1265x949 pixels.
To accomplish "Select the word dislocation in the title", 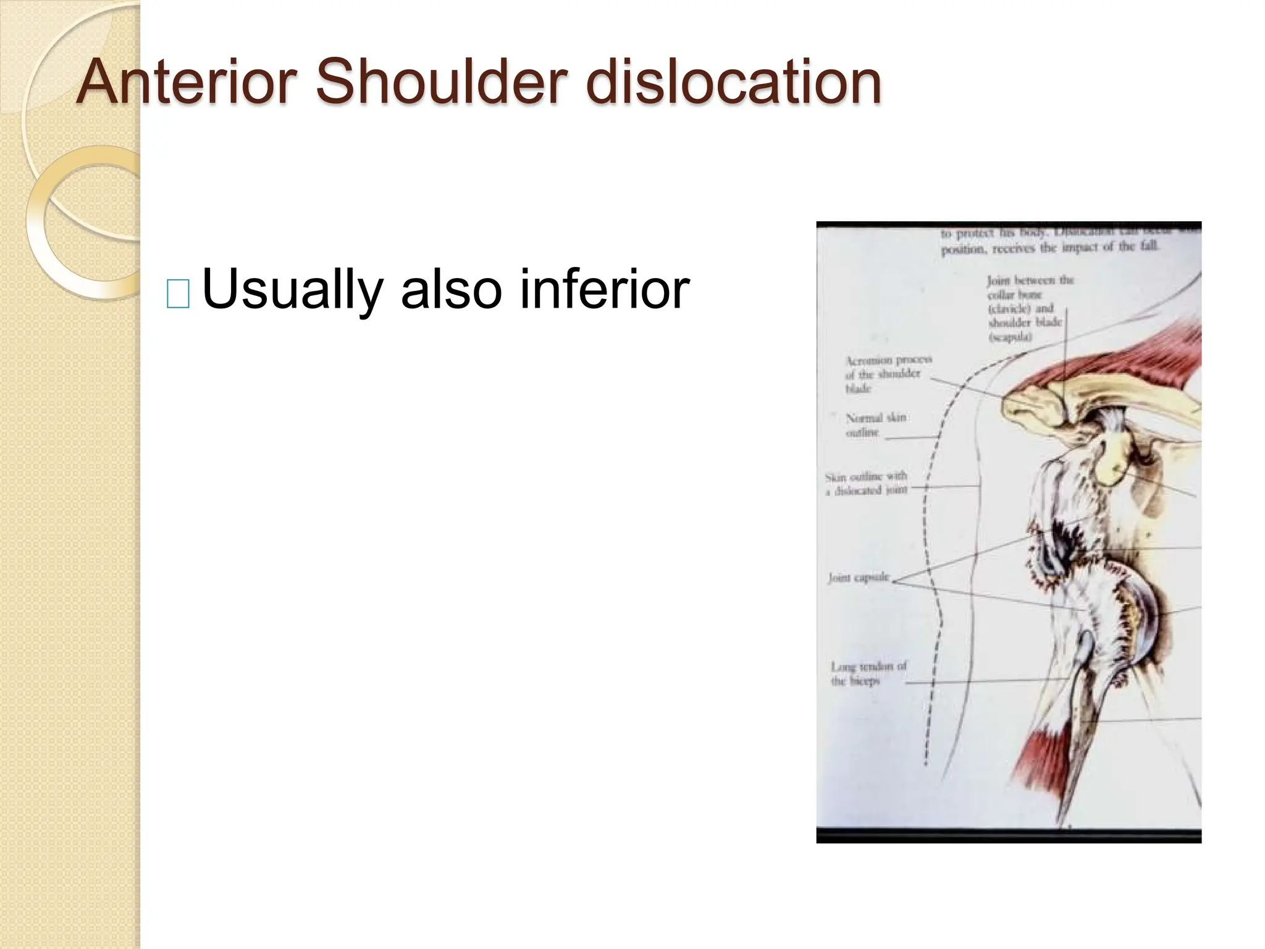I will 733,82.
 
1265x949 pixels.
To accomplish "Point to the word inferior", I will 604,289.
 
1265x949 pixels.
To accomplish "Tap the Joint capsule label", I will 859,578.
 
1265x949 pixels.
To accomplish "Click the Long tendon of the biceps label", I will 867,674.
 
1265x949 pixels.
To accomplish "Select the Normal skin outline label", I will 875,425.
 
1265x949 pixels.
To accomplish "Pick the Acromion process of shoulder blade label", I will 888,374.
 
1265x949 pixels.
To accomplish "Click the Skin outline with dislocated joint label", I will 866,483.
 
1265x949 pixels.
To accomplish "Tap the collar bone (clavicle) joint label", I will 1029,308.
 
